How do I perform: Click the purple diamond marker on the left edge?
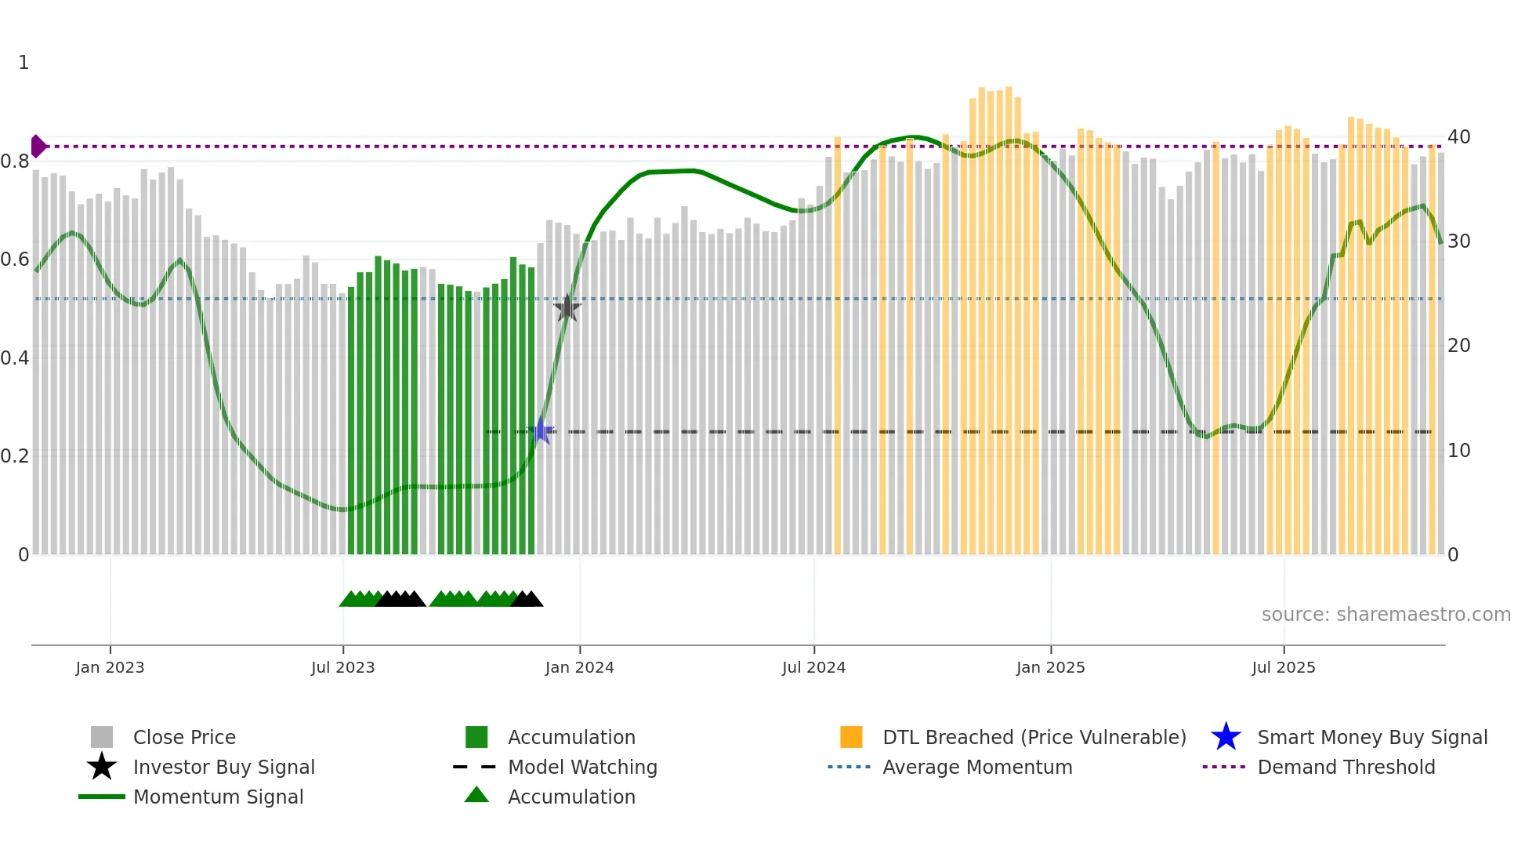(x=38, y=147)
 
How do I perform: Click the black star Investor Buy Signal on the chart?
(x=567, y=308)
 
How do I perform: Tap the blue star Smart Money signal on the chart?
(x=541, y=430)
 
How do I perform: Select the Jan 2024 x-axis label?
(x=579, y=668)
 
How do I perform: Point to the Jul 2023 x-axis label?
(x=342, y=668)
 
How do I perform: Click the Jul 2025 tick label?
(x=1283, y=668)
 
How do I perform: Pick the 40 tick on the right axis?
(x=1458, y=137)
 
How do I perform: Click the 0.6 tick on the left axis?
(x=15, y=260)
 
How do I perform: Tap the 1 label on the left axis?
(x=24, y=63)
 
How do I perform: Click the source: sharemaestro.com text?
(x=1386, y=615)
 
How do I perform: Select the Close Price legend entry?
(x=184, y=738)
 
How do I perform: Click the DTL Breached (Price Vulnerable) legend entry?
(x=1034, y=738)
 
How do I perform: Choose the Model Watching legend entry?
(x=582, y=768)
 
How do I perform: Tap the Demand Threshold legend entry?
(x=1346, y=768)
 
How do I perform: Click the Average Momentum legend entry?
(x=977, y=768)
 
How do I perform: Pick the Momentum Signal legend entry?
(x=218, y=797)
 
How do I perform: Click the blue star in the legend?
(x=1226, y=738)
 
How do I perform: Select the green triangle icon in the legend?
(x=476, y=796)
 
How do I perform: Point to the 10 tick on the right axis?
(x=1458, y=451)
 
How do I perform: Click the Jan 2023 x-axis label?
(x=110, y=668)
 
